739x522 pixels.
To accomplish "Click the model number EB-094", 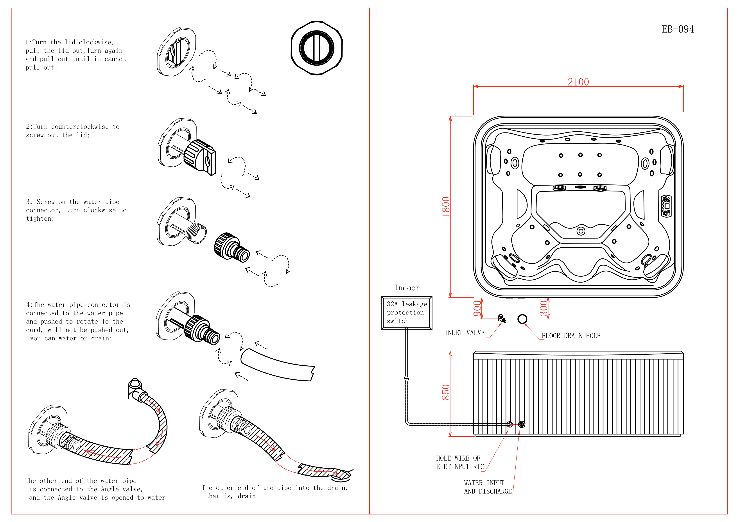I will point(678,29).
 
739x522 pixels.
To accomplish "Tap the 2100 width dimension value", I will point(578,82).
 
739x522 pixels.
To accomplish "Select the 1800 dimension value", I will point(446,207).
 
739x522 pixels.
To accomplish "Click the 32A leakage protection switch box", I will point(407,313).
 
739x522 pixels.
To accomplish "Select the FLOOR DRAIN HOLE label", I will point(571,336).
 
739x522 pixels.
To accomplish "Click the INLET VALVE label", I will point(465,333).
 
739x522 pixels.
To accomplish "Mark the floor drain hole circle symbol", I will point(522,319).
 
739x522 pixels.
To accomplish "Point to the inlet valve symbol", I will point(501,318).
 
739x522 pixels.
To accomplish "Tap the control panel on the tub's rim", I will point(666,206).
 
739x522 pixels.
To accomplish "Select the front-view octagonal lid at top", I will point(316,48).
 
